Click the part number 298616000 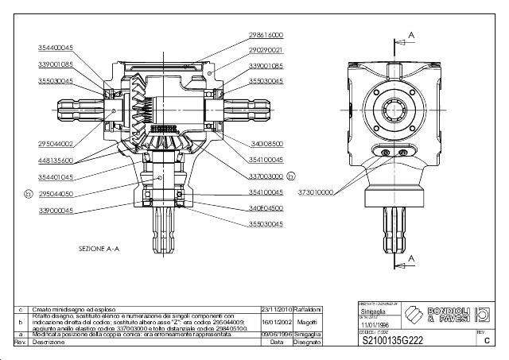(x=266, y=35)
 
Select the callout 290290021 (x=266, y=50)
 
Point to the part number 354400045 (x=56, y=48)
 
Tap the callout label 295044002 (x=56, y=144)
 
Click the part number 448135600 (x=56, y=159)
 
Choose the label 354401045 (x=56, y=176)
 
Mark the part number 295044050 (x=56, y=193)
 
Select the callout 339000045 (x=56, y=211)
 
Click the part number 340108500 (x=266, y=144)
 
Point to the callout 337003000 (x=266, y=176)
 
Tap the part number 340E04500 (x=266, y=208)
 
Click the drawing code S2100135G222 (x=393, y=340)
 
